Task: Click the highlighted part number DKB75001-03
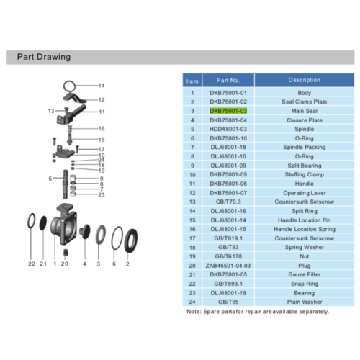coord(228,111)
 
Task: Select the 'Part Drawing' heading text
coord(44,57)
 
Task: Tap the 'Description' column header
coord(305,80)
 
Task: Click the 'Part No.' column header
coord(228,81)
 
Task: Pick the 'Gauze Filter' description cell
coord(305,274)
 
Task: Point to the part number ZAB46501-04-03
coord(228,266)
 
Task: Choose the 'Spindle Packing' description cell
coord(305,147)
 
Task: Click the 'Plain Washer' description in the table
coord(305,302)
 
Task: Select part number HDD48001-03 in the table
coord(228,129)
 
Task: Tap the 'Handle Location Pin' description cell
coord(305,220)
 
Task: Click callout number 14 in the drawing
coord(102,86)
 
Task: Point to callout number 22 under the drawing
coord(32,264)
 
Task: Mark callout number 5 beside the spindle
coord(50,179)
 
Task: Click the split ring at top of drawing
coord(69,81)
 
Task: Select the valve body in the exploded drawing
coord(63,224)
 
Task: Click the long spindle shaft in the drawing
coord(65,184)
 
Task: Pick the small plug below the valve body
coord(66,253)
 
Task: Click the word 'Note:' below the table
coord(194,312)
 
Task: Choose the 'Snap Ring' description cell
coord(305,284)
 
